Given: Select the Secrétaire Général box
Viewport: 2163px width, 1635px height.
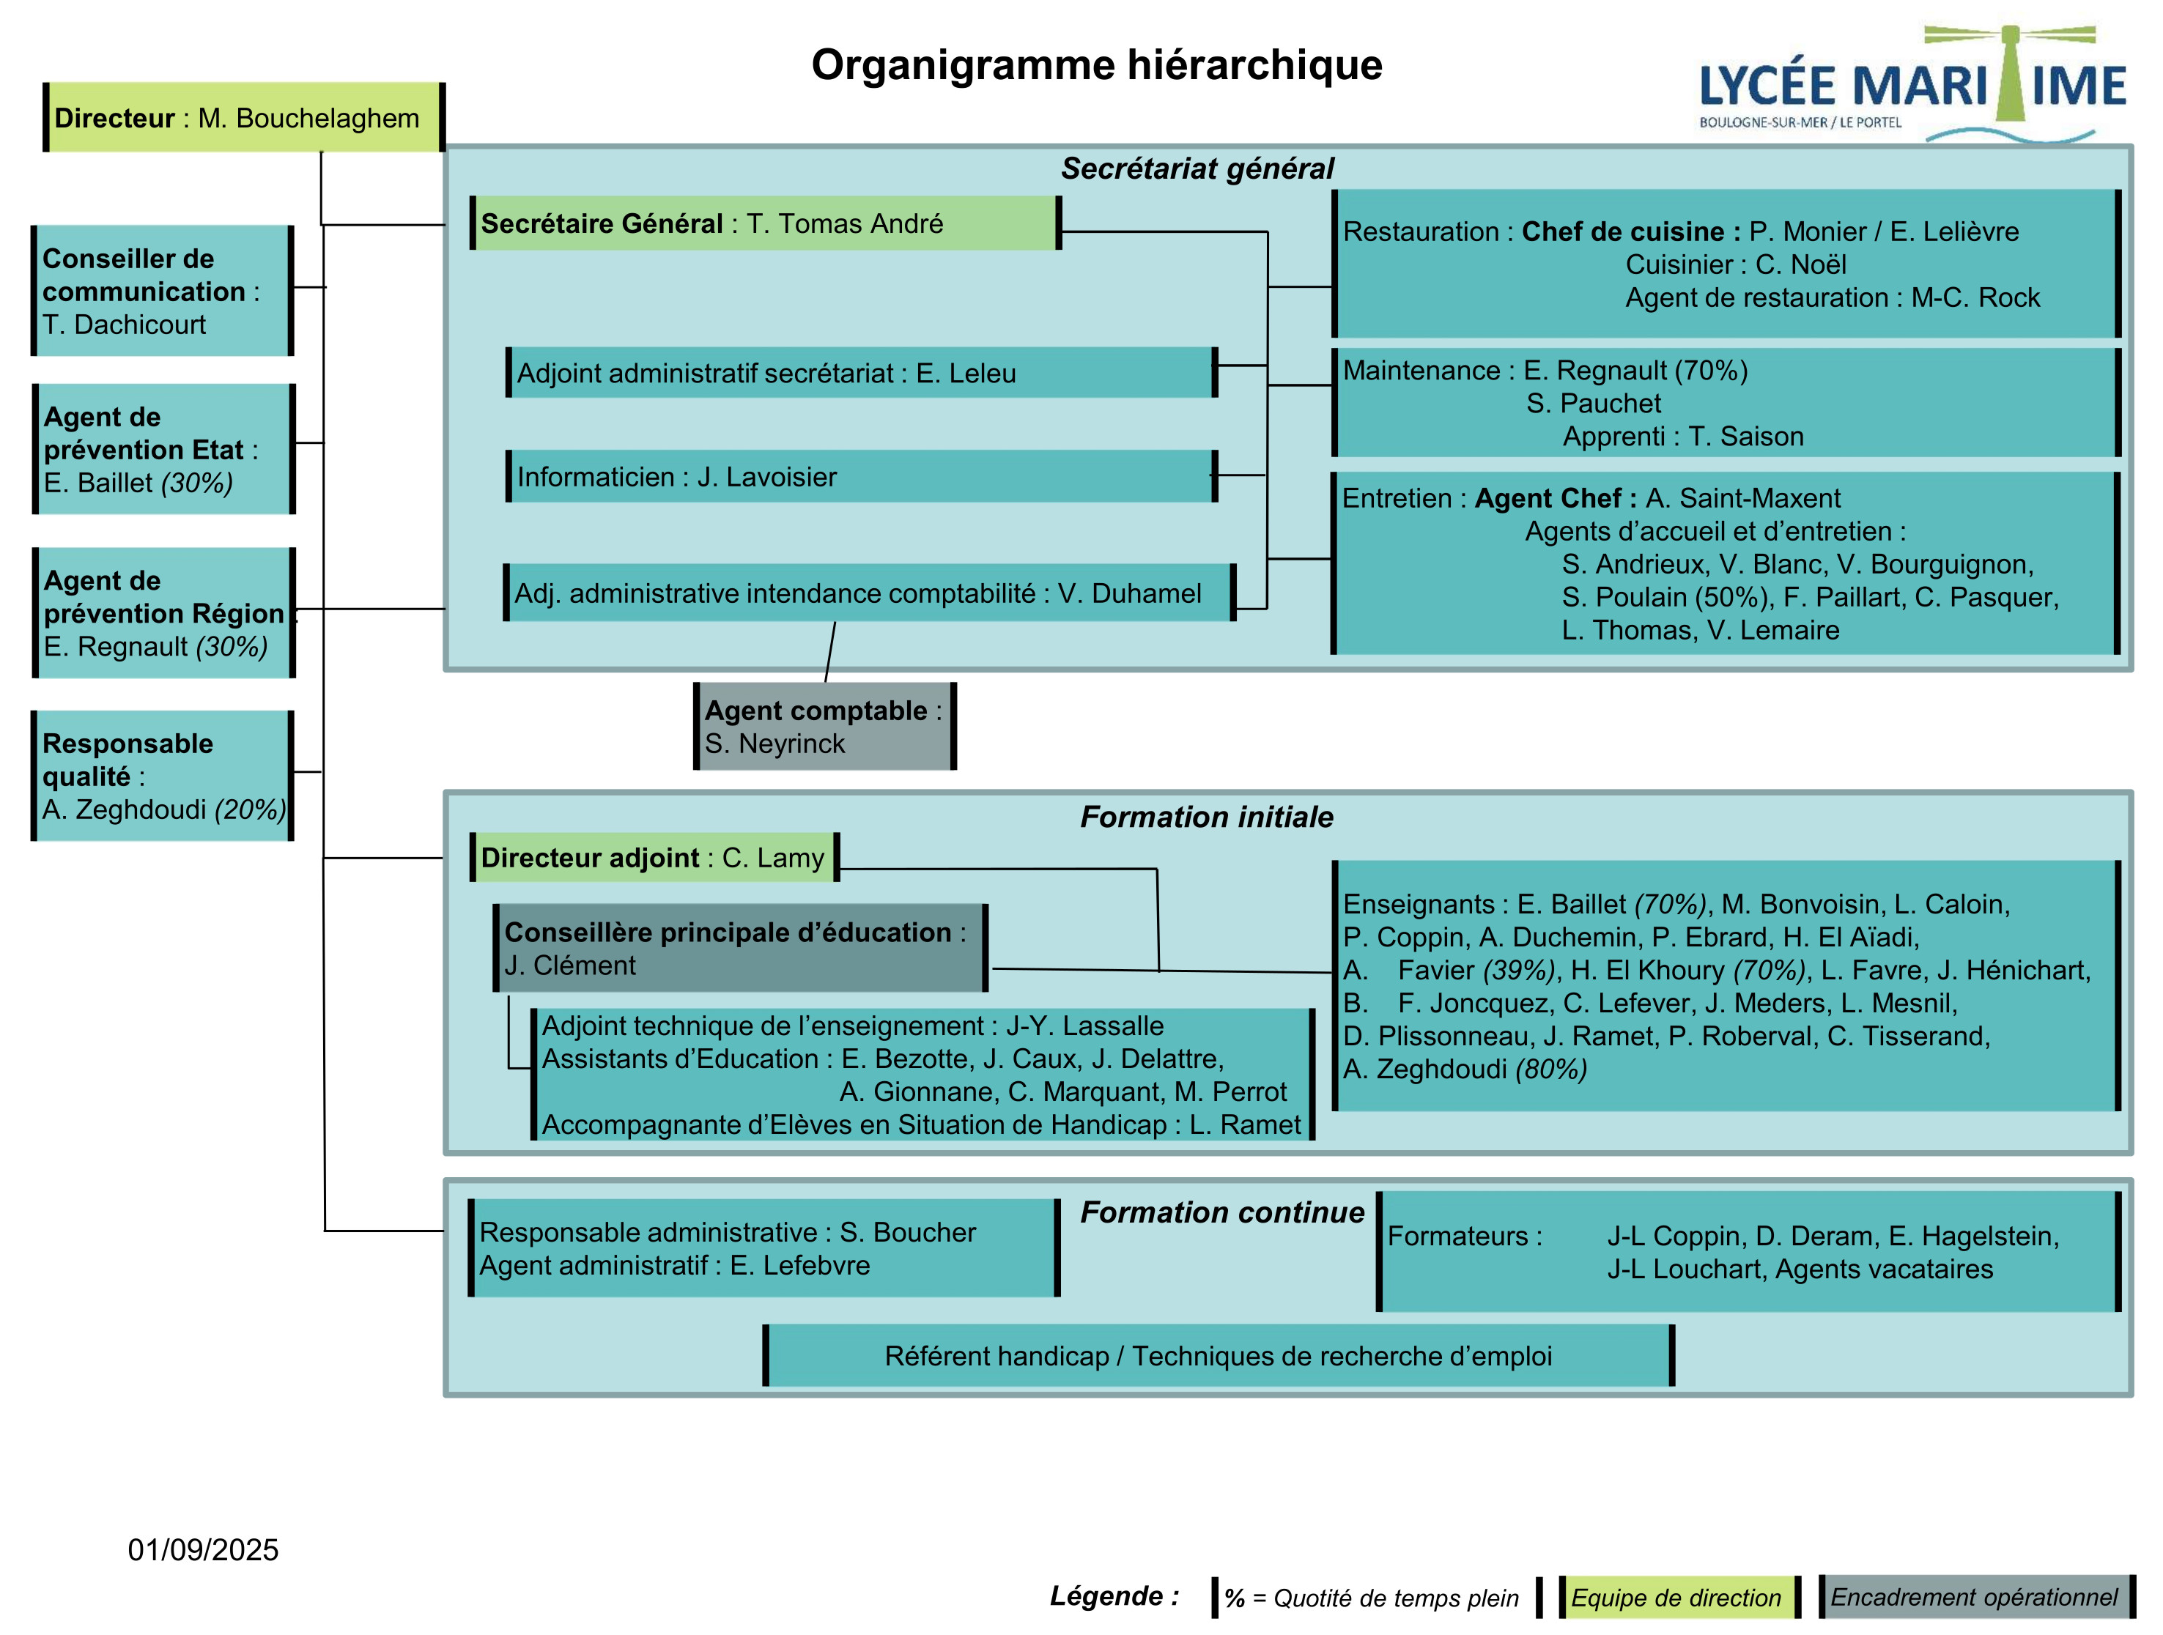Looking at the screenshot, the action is pyautogui.click(x=766, y=223).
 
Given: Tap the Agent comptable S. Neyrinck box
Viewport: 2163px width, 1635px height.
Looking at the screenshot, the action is pyautogui.click(x=825, y=727).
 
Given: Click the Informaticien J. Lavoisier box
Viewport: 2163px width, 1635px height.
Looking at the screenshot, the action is pyautogui.click(x=862, y=476).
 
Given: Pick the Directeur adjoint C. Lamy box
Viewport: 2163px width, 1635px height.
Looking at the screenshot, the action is pyautogui.click(x=654, y=858).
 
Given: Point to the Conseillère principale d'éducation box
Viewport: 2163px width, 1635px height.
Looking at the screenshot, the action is pyautogui.click(x=740, y=949).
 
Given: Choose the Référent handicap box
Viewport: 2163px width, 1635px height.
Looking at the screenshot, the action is pyautogui.click(x=1219, y=1355).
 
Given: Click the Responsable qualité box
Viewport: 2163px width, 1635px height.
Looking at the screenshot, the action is pyautogui.click(x=163, y=776).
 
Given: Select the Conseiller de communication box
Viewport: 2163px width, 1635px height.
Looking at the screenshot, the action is pyautogui.click(x=163, y=290).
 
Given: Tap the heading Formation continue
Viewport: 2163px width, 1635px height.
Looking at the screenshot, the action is pyautogui.click(x=1222, y=1212).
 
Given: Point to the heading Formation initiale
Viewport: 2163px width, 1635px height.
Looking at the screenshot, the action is pyautogui.click(x=1207, y=817).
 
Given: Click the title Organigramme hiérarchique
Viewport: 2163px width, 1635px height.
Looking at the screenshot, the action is pyautogui.click(x=1096, y=65).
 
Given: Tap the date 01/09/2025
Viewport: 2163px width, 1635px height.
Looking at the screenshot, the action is pyautogui.click(x=204, y=1550).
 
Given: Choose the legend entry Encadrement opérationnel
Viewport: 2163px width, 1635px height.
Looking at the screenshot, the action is pyautogui.click(x=1974, y=1597).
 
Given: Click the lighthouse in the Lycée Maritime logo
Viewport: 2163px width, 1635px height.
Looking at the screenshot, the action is pyautogui.click(x=2009, y=73).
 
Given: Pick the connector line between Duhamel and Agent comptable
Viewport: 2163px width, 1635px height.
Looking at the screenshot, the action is pyautogui.click(x=830, y=652).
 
